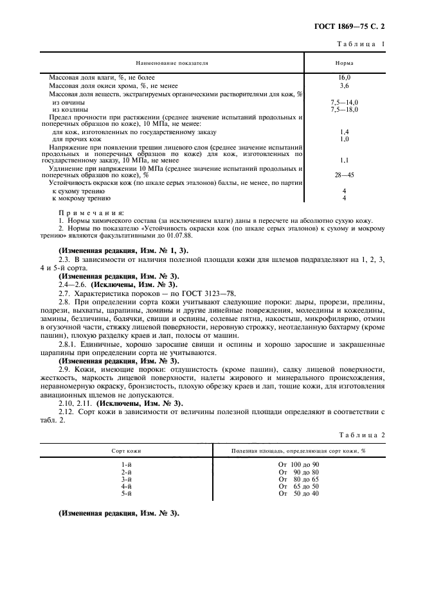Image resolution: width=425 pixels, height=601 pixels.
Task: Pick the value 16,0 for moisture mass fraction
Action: tap(344, 77)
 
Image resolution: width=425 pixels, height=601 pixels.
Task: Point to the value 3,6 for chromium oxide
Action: tap(344, 85)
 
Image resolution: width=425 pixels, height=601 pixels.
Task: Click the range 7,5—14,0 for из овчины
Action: tap(344, 102)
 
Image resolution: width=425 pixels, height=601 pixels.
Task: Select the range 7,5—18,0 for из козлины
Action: tap(344, 109)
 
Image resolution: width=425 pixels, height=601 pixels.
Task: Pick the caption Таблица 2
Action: tap(364, 435)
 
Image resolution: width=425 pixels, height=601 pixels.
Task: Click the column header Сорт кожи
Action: tap(127, 451)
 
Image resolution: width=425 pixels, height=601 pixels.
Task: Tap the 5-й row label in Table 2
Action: tap(127, 493)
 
